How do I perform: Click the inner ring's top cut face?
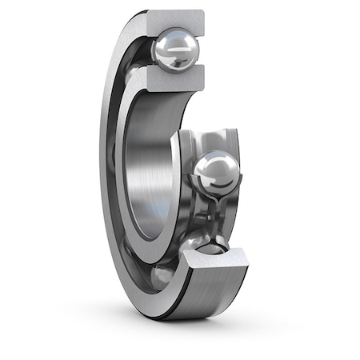click(172, 78)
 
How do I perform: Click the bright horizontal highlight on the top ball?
click(178, 48)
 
